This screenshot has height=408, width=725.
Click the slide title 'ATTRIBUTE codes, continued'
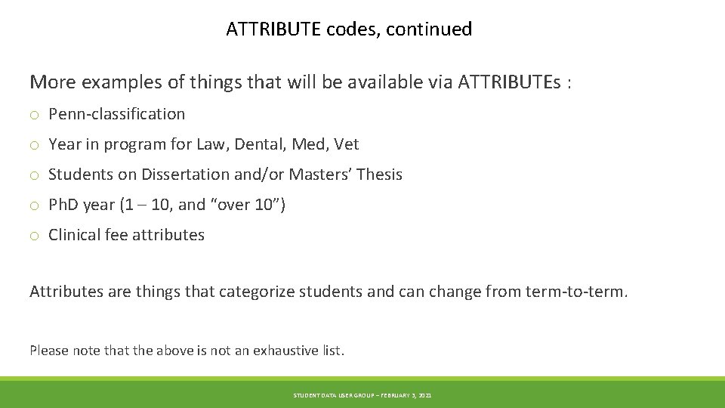coord(349,29)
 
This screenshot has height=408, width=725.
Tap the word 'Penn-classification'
coord(116,114)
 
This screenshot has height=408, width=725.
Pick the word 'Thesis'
coord(379,175)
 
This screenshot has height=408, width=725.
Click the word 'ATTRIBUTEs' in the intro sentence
coord(509,82)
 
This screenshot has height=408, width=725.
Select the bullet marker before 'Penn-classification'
coord(35,115)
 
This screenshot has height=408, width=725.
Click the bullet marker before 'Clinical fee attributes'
coord(35,236)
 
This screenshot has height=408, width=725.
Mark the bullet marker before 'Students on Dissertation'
coord(35,175)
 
